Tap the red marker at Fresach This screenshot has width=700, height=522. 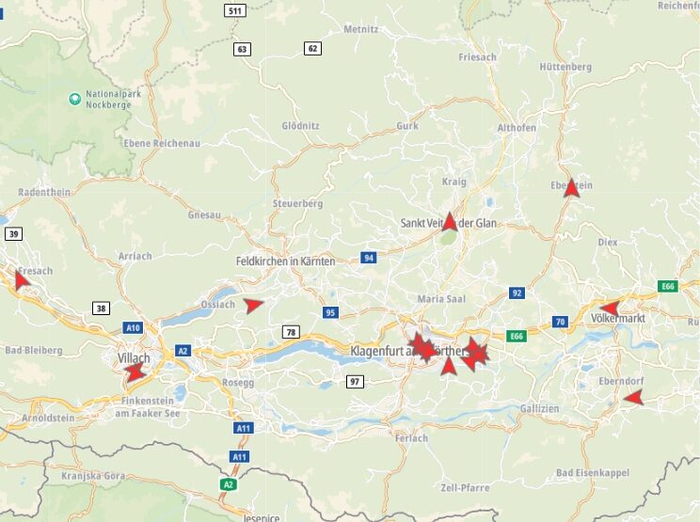(x=22, y=278)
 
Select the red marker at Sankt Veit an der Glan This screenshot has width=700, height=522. (x=450, y=222)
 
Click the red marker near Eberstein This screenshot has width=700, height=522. (x=571, y=188)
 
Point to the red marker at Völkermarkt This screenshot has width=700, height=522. (x=609, y=308)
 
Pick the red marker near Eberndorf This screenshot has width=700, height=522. (x=633, y=398)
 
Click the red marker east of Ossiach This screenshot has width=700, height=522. (x=252, y=305)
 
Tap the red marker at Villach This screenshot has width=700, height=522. (x=135, y=372)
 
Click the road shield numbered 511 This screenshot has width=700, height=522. (x=235, y=11)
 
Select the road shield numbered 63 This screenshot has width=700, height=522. (x=243, y=49)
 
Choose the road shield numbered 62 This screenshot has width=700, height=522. (x=312, y=48)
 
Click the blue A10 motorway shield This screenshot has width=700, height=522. (x=133, y=328)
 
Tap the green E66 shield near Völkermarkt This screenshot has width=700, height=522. (x=668, y=286)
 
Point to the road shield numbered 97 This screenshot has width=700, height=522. (x=355, y=381)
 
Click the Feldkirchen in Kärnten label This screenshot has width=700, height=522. (x=285, y=261)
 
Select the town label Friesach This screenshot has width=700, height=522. (x=477, y=57)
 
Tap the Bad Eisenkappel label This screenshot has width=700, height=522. (x=593, y=472)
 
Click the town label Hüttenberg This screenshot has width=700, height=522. (x=566, y=67)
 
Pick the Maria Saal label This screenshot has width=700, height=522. (x=441, y=298)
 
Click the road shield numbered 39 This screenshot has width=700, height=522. (x=13, y=233)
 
